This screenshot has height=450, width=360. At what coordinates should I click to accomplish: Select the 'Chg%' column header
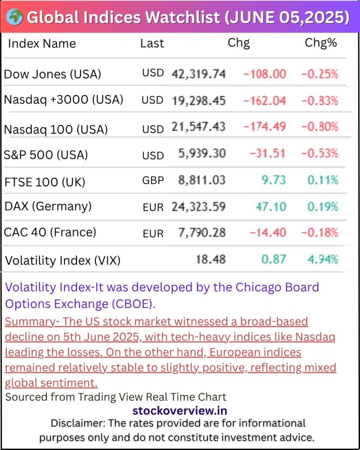pos(320,43)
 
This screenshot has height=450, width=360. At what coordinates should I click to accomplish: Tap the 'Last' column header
pos(152,44)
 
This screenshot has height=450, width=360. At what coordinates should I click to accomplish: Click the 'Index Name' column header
pos(42,44)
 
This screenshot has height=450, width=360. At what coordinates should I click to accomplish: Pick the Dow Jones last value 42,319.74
pos(198,73)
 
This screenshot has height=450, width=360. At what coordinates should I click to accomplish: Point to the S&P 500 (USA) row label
pos(46,155)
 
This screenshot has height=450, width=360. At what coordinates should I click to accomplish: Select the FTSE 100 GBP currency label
pos(153,180)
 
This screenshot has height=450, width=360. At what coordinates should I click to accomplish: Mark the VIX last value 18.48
pos(211,259)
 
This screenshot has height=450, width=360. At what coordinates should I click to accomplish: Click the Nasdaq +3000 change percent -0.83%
pos(320,101)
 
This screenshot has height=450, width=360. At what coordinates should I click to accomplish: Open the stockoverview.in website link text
pos(180,411)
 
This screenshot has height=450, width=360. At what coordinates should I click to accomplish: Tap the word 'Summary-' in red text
pos(32,321)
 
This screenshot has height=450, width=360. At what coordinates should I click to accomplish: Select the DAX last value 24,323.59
pos(198,206)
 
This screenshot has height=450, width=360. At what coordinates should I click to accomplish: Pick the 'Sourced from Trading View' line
pos(116,397)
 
